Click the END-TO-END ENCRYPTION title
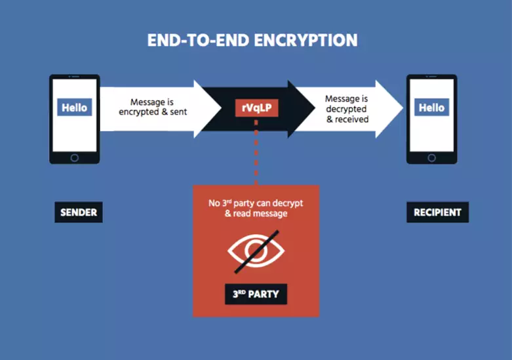point(252,40)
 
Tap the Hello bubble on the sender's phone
point(74,108)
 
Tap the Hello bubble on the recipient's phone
point(431,108)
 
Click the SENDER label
point(79,212)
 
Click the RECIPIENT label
point(437,212)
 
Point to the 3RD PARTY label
point(256,294)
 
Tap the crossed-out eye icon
point(256,251)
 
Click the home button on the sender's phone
point(74,157)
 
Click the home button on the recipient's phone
point(431,157)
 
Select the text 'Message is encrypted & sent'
point(153,107)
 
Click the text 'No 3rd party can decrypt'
point(256,204)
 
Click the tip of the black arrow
point(313,109)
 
